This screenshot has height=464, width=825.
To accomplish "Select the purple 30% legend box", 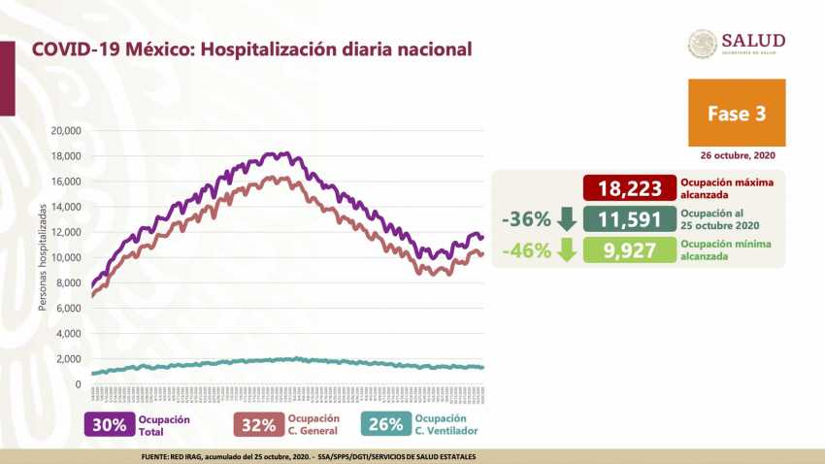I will (x=109, y=424).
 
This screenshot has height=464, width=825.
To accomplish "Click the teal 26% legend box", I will (x=381, y=424).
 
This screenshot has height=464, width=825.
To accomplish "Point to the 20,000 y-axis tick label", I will (x=65, y=130).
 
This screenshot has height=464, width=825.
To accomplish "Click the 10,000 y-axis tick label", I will (x=65, y=257).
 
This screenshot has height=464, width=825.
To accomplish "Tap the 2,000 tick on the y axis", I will (x=68, y=359).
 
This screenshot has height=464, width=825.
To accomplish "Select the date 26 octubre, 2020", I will (x=739, y=155).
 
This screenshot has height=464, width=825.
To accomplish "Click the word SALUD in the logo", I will (x=753, y=40).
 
